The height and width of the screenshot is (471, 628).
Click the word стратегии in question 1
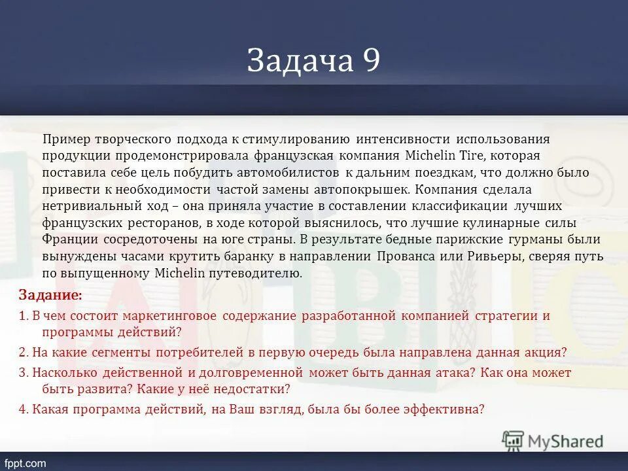(x=510, y=316)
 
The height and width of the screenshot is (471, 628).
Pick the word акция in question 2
(x=545, y=352)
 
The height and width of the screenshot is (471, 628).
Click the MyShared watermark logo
(x=553, y=440)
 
